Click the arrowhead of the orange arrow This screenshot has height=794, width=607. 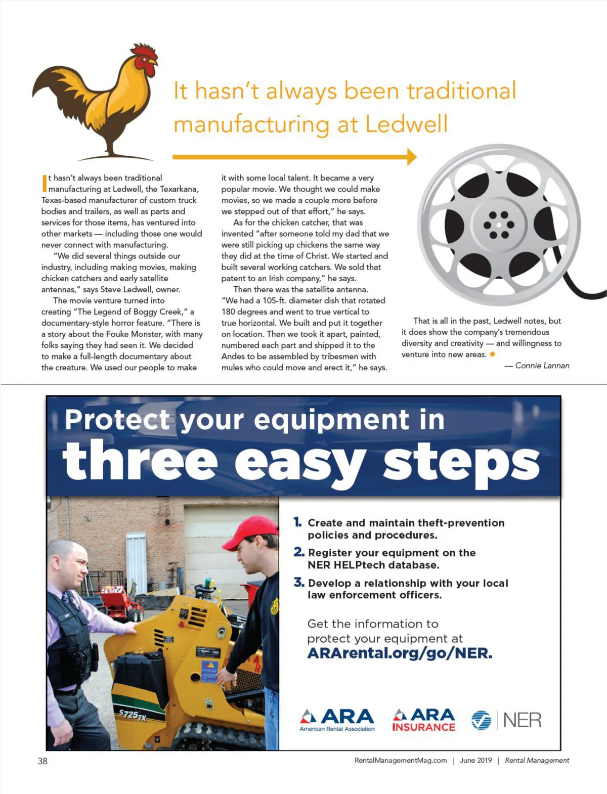point(411,157)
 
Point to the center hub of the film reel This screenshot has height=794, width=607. point(499,225)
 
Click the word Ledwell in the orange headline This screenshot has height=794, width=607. point(407,124)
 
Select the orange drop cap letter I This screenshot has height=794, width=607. point(44,183)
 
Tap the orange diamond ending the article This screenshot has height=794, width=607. point(492,354)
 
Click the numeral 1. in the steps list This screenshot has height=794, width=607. point(298,522)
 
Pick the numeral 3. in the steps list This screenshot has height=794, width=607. point(299,583)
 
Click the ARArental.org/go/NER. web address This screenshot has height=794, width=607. point(400,653)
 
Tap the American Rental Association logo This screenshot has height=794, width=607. point(337,720)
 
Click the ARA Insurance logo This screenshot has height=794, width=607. point(424,720)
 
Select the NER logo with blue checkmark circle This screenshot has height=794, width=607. point(506,720)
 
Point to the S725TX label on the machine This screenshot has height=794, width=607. point(133,715)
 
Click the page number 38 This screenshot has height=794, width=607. point(42,761)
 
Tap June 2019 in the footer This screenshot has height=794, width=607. point(475,760)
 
